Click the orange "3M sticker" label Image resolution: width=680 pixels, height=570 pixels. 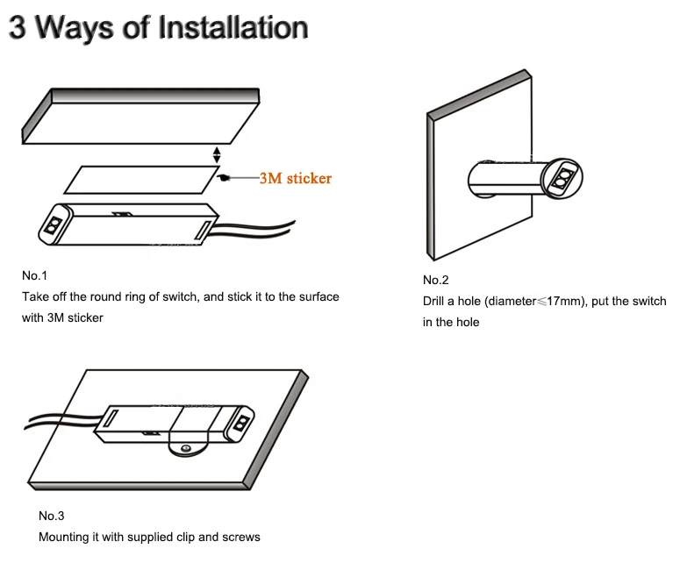[296, 178]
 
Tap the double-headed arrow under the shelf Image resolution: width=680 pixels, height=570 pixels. [217, 154]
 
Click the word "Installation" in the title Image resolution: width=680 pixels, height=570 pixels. [233, 27]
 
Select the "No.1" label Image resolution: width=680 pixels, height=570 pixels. [34, 275]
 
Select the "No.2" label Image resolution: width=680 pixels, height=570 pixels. [435, 280]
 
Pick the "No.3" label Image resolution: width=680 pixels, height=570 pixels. [51, 516]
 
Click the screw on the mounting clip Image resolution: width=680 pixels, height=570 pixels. [186, 448]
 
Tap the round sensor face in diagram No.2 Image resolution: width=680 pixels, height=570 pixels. [562, 179]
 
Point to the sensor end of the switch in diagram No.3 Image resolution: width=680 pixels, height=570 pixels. [241, 423]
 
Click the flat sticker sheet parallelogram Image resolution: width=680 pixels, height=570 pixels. [141, 180]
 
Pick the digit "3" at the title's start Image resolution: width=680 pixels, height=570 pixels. [18, 27]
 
